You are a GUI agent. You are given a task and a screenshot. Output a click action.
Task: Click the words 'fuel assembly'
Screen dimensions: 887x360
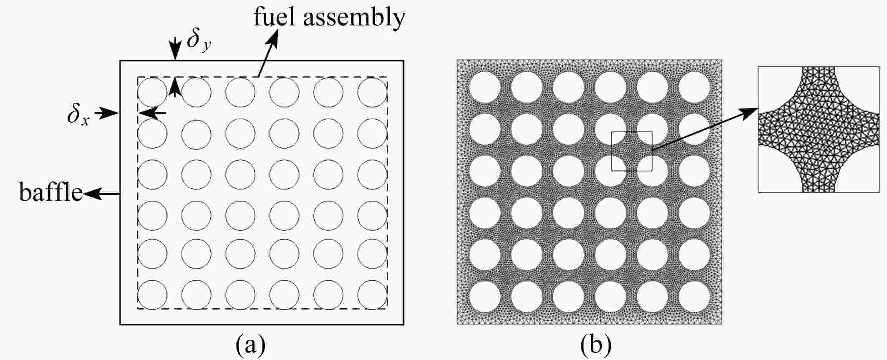[330, 18]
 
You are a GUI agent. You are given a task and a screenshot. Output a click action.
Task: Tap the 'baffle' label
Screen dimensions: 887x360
[50, 193]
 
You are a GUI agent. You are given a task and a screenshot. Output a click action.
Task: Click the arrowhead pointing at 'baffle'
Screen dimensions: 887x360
[91, 193]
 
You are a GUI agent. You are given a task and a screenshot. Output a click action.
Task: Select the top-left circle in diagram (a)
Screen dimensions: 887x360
[152, 92]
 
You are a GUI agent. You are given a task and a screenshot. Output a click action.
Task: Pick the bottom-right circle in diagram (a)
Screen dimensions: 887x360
[372, 295]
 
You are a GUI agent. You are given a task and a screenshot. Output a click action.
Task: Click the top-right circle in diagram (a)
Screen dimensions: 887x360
[372, 92]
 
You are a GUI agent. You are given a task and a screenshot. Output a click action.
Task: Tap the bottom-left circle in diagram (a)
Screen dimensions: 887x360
[152, 295]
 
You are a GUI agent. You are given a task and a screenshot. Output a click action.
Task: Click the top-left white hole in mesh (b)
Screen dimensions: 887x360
[485, 87]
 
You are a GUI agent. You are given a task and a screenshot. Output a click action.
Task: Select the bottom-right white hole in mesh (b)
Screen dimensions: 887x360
[694, 297]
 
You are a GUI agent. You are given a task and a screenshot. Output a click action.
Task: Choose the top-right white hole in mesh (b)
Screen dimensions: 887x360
[694, 87]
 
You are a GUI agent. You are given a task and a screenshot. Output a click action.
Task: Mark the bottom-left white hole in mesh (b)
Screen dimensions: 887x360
[485, 297]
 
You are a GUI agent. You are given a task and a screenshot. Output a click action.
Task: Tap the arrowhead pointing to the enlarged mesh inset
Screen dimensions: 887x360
[750, 112]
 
